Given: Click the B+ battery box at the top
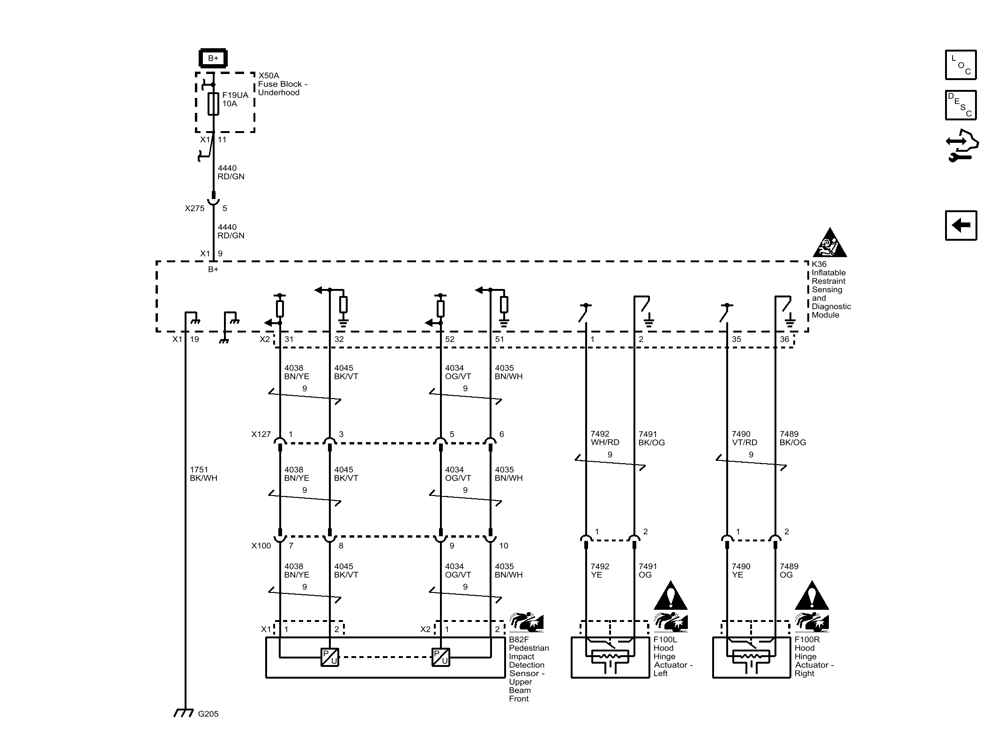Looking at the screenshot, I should coord(213,58).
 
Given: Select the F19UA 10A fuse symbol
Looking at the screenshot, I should coord(213,104).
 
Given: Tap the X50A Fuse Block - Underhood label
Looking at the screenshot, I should coord(282,84).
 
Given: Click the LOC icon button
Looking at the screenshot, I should coord(961,65).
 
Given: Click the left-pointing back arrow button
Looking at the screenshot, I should coord(961,225).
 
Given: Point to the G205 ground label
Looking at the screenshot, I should coord(208,714).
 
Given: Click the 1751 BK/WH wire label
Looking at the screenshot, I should coord(203,473).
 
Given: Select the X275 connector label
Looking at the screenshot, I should coord(194,208).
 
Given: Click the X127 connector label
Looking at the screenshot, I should coord(261,434).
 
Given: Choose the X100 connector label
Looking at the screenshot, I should coord(261,546).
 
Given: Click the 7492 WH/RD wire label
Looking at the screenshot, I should coord(604,438).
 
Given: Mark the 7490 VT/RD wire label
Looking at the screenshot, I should coord(744,438).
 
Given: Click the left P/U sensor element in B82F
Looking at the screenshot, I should coord(330,657).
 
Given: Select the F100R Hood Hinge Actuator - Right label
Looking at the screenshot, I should coord(813,656).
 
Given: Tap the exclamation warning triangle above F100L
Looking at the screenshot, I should coord(671,596).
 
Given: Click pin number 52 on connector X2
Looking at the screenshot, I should coord(450,339).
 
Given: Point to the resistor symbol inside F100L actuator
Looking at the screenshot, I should coord(610,657).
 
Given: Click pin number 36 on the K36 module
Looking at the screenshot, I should coord(784,339).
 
